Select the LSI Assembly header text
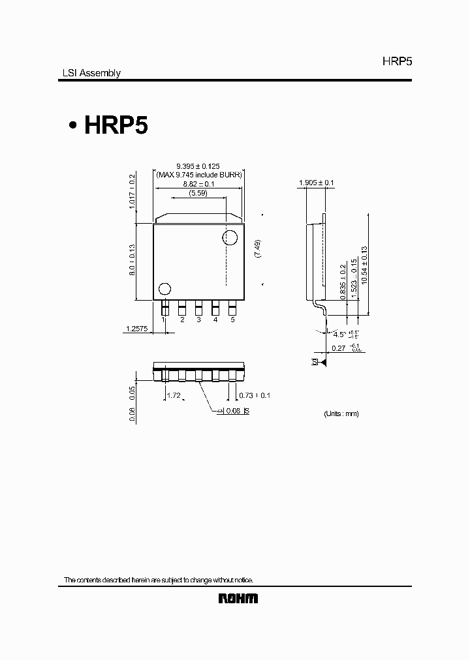(x=87, y=74)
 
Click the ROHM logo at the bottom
(x=238, y=598)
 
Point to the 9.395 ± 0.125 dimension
(x=198, y=166)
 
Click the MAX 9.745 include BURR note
(x=198, y=175)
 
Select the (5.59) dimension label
(x=198, y=193)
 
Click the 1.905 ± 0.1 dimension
(x=316, y=183)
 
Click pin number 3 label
(x=198, y=320)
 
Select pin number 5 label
(x=232, y=320)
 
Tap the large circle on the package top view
(x=230, y=237)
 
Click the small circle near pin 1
(x=165, y=288)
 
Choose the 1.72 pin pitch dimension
(x=174, y=396)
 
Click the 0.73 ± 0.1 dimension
(x=255, y=396)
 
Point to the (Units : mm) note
(x=341, y=413)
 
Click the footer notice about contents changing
(x=158, y=580)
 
